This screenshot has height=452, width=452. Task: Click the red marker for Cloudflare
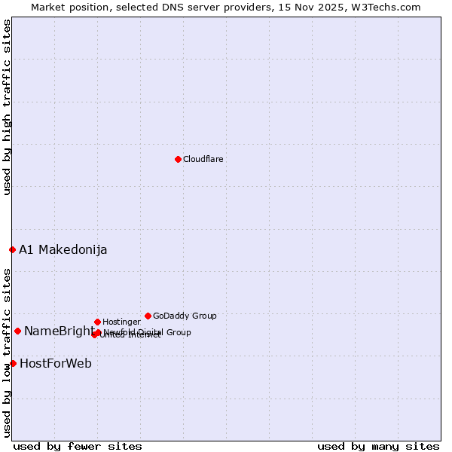coord(178,159)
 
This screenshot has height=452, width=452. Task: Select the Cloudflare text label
coord(203,159)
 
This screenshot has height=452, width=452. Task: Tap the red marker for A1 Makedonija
coord(12,249)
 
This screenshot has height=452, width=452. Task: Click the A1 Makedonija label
coord(63,249)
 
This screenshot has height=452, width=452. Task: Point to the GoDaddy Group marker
coord(148,316)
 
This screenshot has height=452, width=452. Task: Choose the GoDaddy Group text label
coord(185,316)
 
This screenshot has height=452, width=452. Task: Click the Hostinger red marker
coord(97,322)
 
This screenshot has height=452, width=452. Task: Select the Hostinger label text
coord(121,322)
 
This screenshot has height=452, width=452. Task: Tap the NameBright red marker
coord(17,331)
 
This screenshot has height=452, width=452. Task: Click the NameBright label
coord(59,331)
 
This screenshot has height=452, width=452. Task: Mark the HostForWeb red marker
coord(13,363)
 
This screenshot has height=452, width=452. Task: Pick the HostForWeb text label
coord(56,363)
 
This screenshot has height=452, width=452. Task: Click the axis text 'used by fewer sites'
coord(78,446)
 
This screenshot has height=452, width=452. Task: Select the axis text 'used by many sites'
coord(378,446)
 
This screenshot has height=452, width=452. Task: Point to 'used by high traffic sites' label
coord(7,107)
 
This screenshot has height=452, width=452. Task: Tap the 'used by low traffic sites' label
coord(7,352)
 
